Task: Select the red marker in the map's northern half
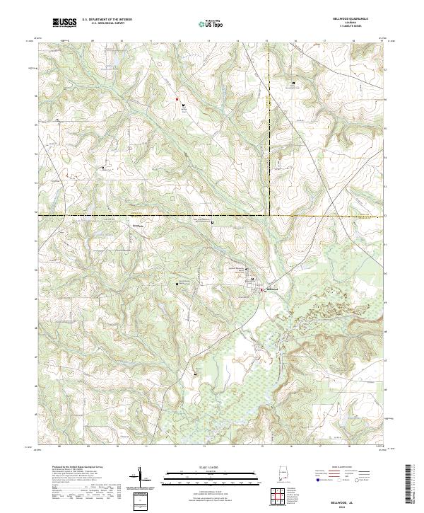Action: tap(177, 100)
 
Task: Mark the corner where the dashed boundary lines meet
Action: tap(269, 214)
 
